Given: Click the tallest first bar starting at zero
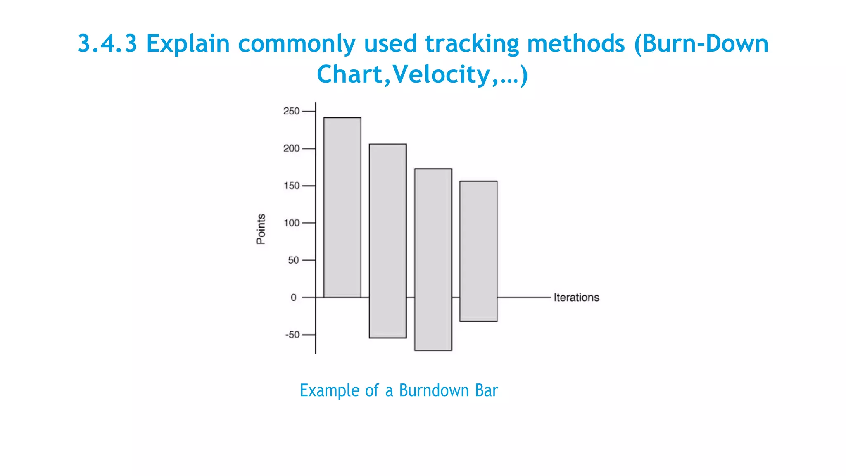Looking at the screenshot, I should click(x=342, y=207).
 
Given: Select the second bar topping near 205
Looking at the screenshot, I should click(x=387, y=240).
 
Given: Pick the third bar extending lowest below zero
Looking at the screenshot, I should click(x=433, y=259).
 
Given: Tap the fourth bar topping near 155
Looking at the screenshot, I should click(x=478, y=251).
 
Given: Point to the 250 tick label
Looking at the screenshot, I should click(x=291, y=111).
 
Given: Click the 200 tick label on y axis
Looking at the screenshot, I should click(x=291, y=148).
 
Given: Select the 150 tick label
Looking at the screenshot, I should click(x=291, y=186).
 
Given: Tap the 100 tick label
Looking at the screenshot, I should click(x=291, y=223).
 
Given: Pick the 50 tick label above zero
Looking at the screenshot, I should click(x=293, y=260).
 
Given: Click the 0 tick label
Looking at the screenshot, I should click(x=293, y=297).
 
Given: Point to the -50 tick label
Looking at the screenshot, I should click(x=292, y=334).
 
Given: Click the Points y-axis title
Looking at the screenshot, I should click(x=261, y=229).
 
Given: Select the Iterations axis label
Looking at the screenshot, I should click(x=576, y=297).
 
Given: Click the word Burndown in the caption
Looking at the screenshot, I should click(x=433, y=390).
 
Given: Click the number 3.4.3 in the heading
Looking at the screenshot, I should click(x=107, y=43).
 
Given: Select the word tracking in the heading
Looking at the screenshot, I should click(x=472, y=43).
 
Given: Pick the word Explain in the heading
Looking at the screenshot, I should click(x=188, y=43).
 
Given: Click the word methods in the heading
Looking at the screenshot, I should click(x=576, y=43).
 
